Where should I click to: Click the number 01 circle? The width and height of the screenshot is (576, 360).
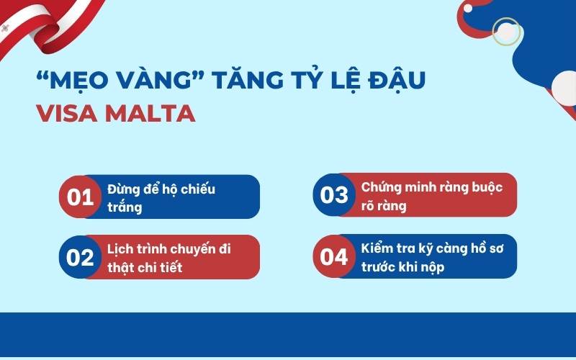(81, 197)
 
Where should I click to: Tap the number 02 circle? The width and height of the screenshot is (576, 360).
(81, 257)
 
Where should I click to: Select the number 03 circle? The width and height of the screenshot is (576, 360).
(334, 195)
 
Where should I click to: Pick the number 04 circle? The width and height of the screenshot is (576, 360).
(334, 257)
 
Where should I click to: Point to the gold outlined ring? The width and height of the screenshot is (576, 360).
(505, 31)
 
